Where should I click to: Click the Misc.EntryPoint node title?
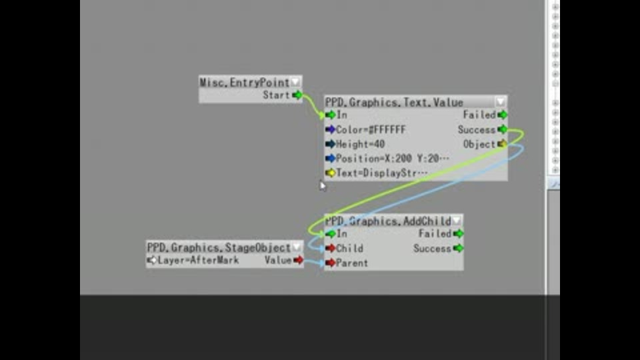[x=245, y=83]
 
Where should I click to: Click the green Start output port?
[x=297, y=95]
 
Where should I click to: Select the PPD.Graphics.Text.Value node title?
[x=394, y=103]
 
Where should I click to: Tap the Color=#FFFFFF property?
[x=371, y=129]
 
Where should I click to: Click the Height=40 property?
[x=360, y=144]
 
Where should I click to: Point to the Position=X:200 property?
[x=392, y=159]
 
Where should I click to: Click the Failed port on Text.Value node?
[x=502, y=115]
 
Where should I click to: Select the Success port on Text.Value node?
[x=502, y=129]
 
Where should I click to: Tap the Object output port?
[x=502, y=144]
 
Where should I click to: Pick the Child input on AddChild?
[x=331, y=248]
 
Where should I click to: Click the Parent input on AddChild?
[x=331, y=263]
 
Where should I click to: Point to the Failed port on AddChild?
[x=458, y=233]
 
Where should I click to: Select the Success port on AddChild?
[x=458, y=248]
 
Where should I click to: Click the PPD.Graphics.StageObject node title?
[x=219, y=248]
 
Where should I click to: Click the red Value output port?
[x=298, y=260]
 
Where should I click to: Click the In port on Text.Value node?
[x=331, y=115]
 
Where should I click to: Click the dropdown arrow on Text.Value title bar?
[x=500, y=102]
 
